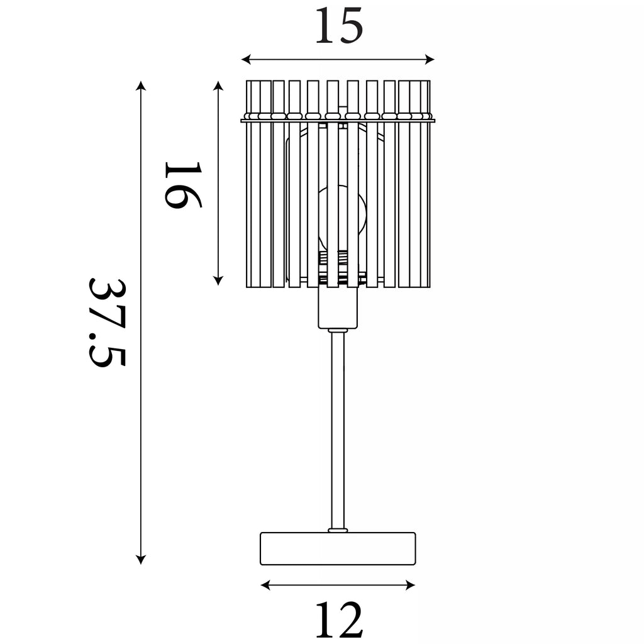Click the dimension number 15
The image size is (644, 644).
[339, 25]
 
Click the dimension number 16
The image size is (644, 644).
[183, 185]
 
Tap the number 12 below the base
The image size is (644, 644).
[339, 619]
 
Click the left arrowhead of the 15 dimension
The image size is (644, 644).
[246, 60]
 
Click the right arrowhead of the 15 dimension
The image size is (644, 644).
[430, 60]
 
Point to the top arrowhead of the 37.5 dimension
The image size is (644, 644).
[141, 86]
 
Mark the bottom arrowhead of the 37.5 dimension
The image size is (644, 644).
[141, 559]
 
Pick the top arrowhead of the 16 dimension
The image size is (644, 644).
[218, 86]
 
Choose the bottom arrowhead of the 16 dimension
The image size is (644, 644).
[218, 280]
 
